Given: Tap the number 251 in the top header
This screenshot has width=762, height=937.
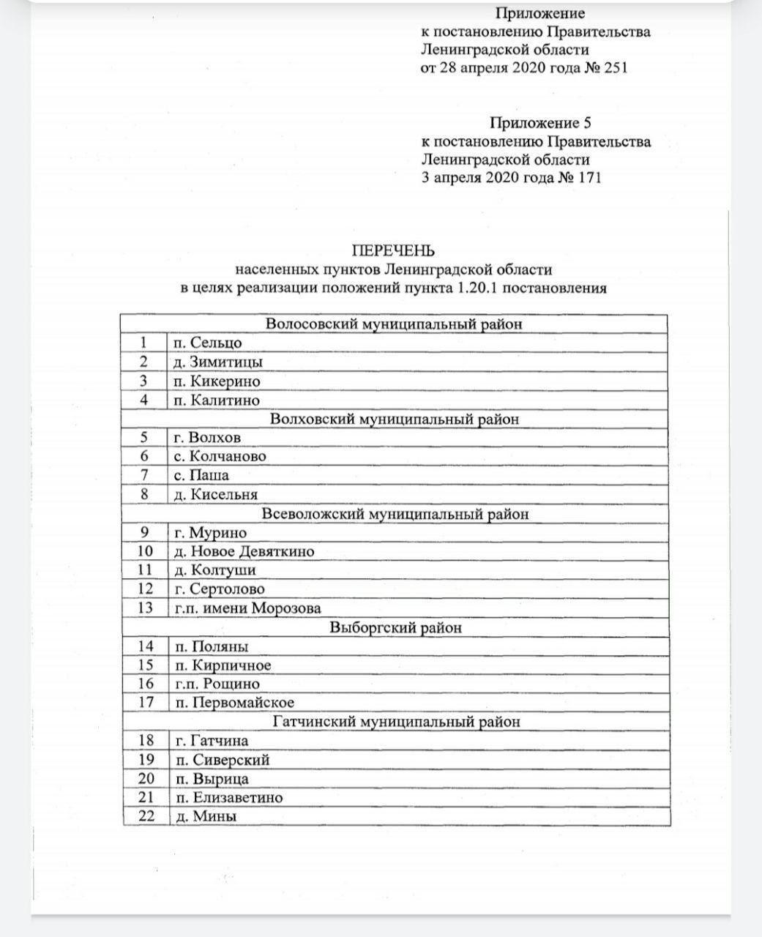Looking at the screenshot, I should tap(613, 68).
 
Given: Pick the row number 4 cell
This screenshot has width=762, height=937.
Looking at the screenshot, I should tap(143, 400).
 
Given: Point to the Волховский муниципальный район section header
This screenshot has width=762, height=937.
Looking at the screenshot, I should tap(394, 419).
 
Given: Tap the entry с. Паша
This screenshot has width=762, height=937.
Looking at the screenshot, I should tap(201, 475).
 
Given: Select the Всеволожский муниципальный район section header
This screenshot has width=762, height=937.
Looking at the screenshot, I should tap(394, 514).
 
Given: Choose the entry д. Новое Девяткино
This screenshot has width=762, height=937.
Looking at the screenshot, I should tap(244, 551).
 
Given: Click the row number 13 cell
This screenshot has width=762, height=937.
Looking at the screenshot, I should tap(145, 608).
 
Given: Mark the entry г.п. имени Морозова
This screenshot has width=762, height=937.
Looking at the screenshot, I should tap(247, 608).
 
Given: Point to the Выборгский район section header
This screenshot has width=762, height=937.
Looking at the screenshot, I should tap(395, 627).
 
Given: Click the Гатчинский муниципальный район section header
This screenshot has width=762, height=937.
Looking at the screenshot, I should tap(396, 722).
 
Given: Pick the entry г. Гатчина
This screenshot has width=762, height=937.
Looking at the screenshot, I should tap(212, 741).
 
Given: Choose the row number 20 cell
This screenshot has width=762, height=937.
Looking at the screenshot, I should tap(146, 779).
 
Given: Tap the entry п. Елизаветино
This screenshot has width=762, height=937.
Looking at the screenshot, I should tap(228, 798).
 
